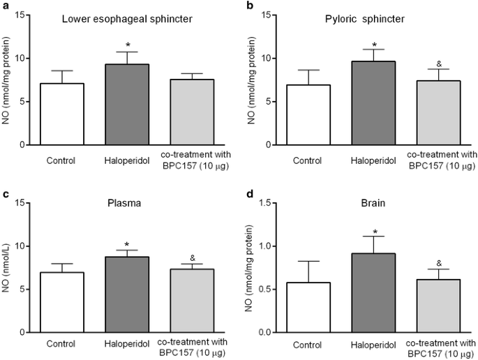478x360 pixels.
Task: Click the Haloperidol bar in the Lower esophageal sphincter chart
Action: pyautogui.click(x=127, y=104)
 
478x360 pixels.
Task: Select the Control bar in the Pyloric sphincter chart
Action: pyautogui.click(x=308, y=114)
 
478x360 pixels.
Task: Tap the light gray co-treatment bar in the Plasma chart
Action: pyautogui.click(x=192, y=301)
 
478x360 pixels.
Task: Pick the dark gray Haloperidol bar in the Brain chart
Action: pyautogui.click(x=373, y=292)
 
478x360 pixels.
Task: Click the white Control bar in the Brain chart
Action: pyautogui.click(x=308, y=307)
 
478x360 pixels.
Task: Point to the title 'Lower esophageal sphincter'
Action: pyautogui.click(x=127, y=20)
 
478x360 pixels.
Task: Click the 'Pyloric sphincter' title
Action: pyautogui.click(x=365, y=20)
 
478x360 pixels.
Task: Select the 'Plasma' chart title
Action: pyautogui.click(x=124, y=203)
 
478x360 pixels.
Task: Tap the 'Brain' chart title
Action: pyautogui.click(x=373, y=203)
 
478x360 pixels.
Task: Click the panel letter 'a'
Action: pyautogui.click(x=5, y=6)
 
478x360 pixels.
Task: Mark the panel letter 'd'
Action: pyautogui.click(x=250, y=193)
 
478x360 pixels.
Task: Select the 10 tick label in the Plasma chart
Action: pyautogui.click(x=21, y=246)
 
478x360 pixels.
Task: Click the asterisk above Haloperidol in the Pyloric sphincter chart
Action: pyautogui.click(x=374, y=45)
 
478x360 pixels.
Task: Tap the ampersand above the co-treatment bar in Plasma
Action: pyautogui.click(x=193, y=258)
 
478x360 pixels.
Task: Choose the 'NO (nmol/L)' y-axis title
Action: pyautogui.click(x=6, y=268)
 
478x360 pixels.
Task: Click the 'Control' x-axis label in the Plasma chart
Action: pyautogui.click(x=61, y=344)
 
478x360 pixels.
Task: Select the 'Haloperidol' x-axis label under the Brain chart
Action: pyautogui.click(x=373, y=345)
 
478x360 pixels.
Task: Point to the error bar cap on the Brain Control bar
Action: pyautogui.click(x=308, y=261)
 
